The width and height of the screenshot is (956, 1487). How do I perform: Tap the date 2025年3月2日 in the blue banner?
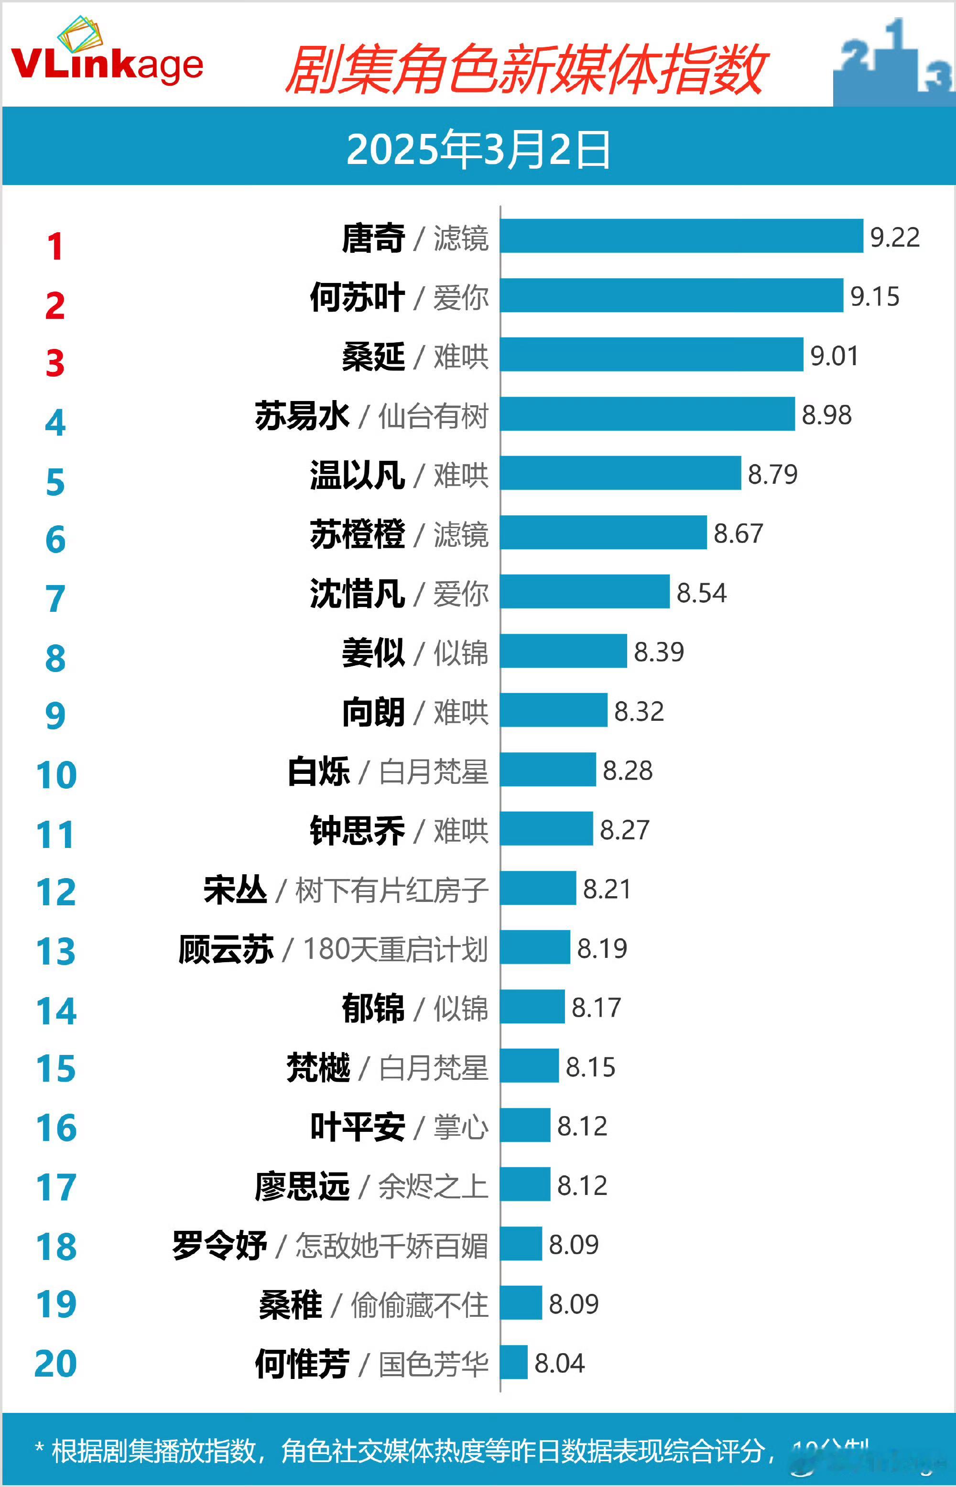pos(478,150)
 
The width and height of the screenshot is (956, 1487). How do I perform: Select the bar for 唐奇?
pos(681,236)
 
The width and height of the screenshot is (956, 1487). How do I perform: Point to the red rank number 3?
pos(55,363)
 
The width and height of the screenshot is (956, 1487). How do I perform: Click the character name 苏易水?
pos(302,415)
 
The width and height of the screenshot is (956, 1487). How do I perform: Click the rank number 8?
pos(55,659)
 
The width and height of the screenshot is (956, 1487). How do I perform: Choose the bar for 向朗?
pos(553,710)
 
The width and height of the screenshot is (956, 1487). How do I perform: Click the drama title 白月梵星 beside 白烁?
pos(433,771)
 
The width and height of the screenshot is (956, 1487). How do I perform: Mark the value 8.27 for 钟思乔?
pos(624,830)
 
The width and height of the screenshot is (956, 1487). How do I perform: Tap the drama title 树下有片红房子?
pos(391,890)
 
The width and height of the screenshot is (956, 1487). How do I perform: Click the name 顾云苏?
pos(226,949)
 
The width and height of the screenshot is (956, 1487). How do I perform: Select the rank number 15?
pos(56,1069)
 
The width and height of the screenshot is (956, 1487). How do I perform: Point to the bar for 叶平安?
pos(525,1125)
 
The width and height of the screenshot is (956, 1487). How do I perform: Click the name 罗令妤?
pos(220,1245)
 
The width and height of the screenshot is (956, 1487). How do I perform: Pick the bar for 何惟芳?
pos(514,1362)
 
